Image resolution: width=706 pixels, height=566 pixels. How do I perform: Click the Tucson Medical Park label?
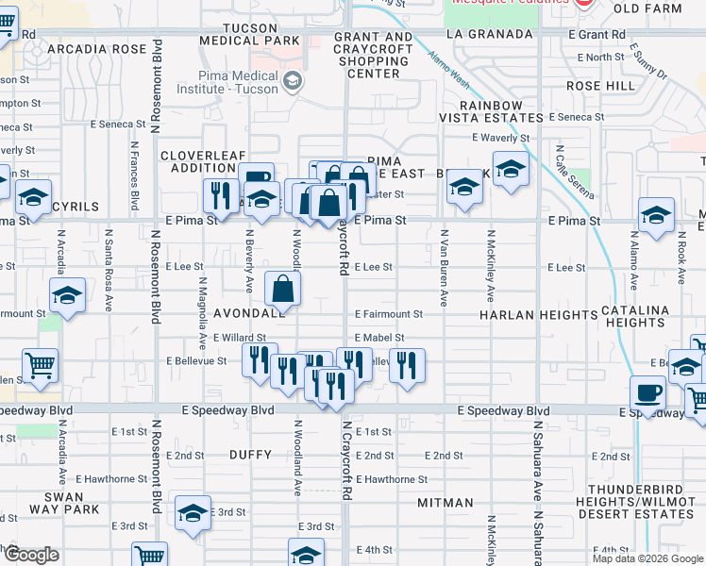pos(249,34)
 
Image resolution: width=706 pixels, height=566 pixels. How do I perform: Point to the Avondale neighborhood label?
pos(249,313)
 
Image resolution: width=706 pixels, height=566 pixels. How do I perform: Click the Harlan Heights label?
pos(526,314)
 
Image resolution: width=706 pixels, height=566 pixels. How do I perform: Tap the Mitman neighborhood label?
pos(445,503)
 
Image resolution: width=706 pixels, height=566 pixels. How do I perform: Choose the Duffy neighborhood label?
pos(250,455)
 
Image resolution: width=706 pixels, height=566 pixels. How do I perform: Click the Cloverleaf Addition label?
pos(197,161)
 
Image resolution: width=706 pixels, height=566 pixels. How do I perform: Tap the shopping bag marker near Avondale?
pos(283,289)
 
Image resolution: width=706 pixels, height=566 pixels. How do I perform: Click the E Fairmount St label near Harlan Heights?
pos(389,314)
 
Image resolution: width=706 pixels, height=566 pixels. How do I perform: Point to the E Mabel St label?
pos(379,338)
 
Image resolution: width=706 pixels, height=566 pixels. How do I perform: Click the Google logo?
pos(30,555)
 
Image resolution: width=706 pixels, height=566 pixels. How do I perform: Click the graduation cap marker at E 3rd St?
pos(193,512)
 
